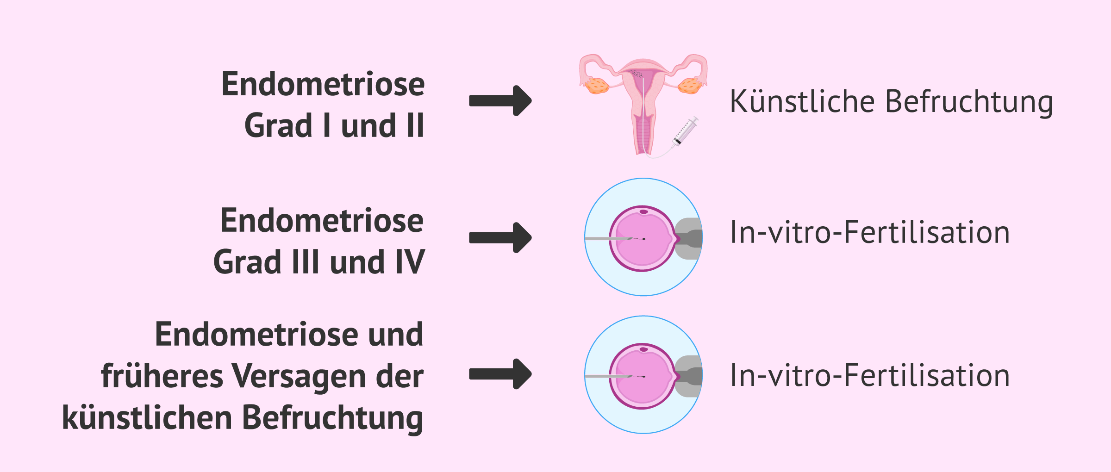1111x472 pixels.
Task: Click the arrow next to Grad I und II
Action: [500, 100]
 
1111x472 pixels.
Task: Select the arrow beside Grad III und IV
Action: [500, 237]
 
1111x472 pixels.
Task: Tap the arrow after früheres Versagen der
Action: [500, 374]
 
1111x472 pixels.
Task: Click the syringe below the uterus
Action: [686, 131]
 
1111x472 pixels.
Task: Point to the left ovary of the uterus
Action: [596, 86]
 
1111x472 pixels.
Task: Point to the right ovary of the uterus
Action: [690, 86]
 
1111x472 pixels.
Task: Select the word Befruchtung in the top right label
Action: [969, 102]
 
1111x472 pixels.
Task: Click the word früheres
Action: [162, 376]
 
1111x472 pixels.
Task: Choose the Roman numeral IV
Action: [410, 262]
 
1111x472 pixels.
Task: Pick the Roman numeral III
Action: [306, 262]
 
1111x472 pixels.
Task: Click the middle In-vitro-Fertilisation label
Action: [870, 232]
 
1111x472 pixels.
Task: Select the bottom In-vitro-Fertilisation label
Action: [870, 375]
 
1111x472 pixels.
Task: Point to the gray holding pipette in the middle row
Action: [690, 239]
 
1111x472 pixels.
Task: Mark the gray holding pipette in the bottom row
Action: [690, 376]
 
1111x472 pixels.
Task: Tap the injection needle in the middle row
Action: [606, 239]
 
